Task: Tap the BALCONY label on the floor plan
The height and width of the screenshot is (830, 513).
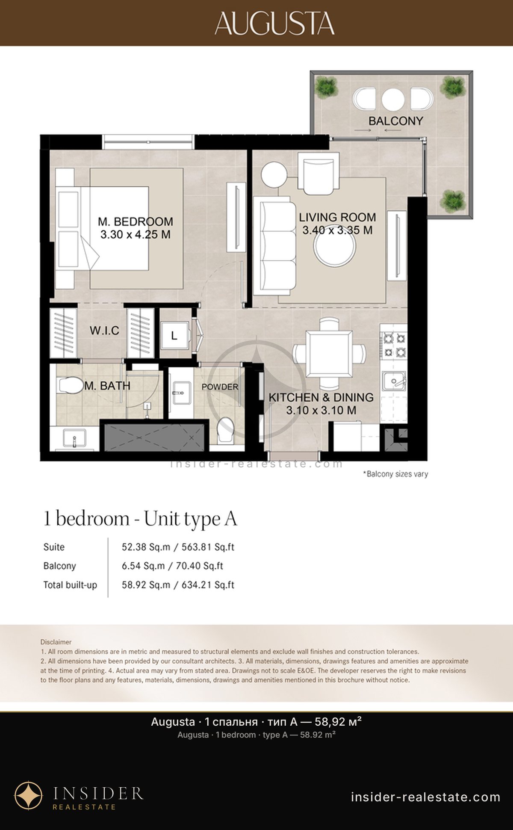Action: click(x=396, y=121)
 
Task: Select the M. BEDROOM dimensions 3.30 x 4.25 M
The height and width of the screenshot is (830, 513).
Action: click(x=136, y=234)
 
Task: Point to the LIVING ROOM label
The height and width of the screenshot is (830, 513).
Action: click(x=337, y=217)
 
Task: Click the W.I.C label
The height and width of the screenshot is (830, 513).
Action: click(x=104, y=331)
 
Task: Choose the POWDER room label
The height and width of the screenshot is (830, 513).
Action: click(x=220, y=387)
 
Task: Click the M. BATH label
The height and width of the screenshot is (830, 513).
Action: click(x=107, y=386)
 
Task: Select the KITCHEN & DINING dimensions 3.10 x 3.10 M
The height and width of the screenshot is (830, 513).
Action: click(x=321, y=411)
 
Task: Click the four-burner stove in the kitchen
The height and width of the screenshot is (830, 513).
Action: click(x=394, y=345)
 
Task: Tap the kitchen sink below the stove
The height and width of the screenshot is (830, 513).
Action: click(x=394, y=381)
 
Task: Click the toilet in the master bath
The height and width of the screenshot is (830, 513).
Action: click(x=70, y=385)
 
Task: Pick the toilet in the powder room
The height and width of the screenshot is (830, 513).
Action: click(x=225, y=430)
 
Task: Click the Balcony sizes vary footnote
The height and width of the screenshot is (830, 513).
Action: click(x=395, y=474)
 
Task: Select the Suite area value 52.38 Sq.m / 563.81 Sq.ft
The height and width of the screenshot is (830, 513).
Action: click(x=178, y=547)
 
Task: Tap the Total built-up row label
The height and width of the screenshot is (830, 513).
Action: click(x=70, y=585)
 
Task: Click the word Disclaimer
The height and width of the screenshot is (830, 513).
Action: click(x=56, y=642)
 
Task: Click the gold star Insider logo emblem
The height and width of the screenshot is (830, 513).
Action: click(x=29, y=796)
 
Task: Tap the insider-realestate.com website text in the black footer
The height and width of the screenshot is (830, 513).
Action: click(x=426, y=797)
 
